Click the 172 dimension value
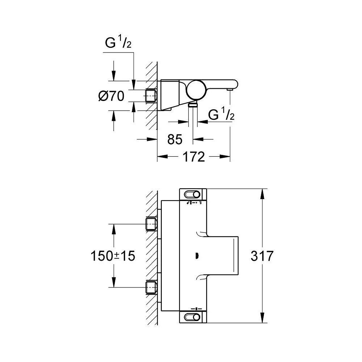[193, 157]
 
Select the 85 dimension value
[175, 139]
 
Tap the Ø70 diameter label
[111, 96]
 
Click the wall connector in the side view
[151, 96]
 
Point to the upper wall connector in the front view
[151, 224]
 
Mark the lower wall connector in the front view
[151, 288]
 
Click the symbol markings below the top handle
[194, 204]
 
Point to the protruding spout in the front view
[222, 256]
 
